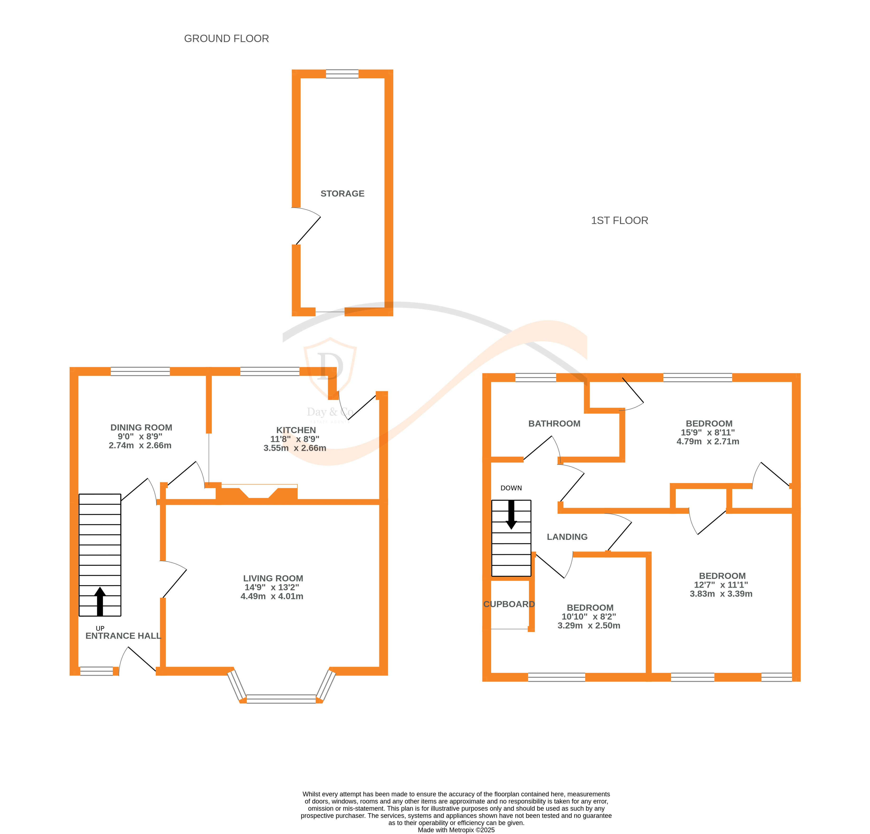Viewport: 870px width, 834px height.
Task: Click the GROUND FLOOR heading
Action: (x=226, y=39)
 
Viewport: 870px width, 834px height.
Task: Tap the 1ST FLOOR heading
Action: (x=620, y=221)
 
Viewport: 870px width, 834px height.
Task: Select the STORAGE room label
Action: (x=342, y=194)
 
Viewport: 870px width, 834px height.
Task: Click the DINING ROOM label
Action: (x=141, y=427)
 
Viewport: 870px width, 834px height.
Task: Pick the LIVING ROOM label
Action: (x=273, y=578)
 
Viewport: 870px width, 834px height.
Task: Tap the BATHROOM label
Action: (x=554, y=423)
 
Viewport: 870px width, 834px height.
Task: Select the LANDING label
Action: (x=567, y=537)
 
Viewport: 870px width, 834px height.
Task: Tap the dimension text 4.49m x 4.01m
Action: (x=272, y=596)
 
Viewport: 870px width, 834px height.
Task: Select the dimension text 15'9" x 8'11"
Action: (x=708, y=432)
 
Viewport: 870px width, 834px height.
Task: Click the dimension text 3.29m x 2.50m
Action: (x=589, y=625)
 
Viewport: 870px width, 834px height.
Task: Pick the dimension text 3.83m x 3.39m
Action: (x=721, y=593)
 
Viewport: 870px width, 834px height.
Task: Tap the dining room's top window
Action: (x=140, y=371)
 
